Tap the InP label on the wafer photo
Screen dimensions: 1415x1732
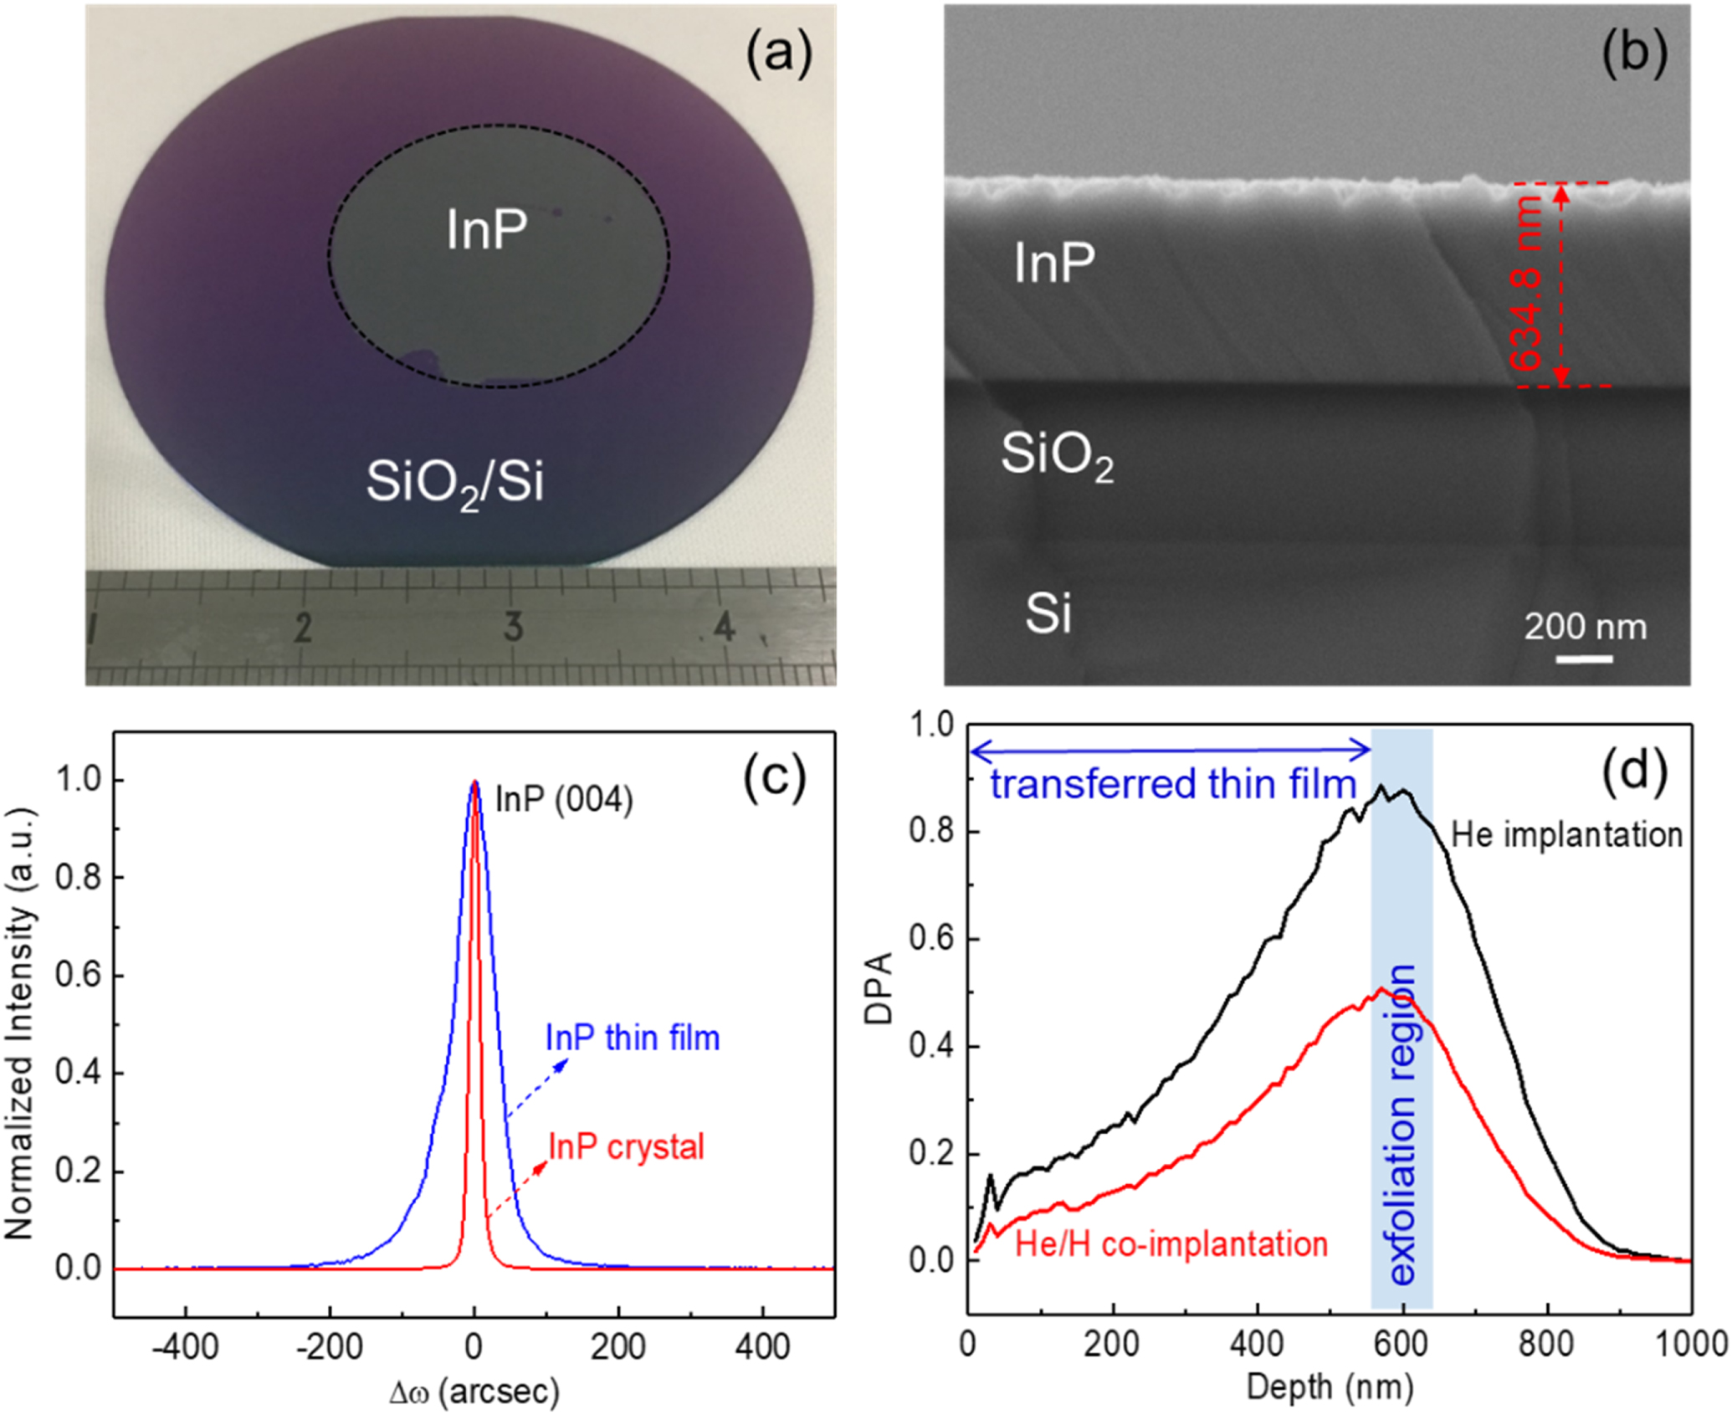487,230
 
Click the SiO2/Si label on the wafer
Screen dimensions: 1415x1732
455,484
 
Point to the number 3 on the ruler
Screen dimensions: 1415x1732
513,627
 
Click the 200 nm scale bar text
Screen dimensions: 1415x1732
1585,627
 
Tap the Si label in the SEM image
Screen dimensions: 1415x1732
1048,613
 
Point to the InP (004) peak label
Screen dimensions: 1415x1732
564,800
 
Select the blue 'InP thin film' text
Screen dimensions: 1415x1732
633,1038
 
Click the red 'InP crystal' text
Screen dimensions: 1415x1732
626,1146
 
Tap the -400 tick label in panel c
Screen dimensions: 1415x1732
186,1346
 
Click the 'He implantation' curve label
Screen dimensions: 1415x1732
1566,835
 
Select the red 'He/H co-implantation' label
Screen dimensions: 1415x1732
1171,1244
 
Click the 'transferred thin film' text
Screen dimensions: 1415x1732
1172,785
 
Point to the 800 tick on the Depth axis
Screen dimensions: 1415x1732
1547,1345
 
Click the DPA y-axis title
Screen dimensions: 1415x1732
879,987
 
